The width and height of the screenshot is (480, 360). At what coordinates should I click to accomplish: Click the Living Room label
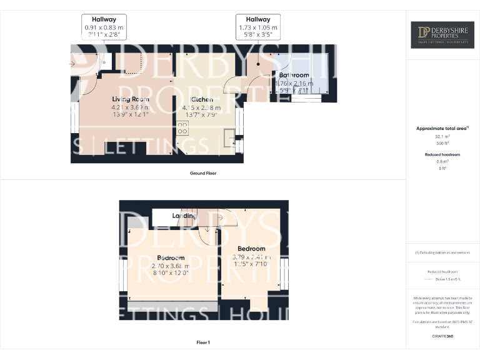pos(131,99)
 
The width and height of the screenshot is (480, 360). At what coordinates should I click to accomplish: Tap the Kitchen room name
pos(202,99)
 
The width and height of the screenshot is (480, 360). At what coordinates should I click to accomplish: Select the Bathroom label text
pos(294,75)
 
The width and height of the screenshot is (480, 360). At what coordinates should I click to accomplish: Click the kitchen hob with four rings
pos(183,128)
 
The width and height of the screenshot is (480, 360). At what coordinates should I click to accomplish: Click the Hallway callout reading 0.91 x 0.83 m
pos(104,28)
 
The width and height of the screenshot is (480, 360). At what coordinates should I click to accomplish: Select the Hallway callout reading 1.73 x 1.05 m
pos(258,28)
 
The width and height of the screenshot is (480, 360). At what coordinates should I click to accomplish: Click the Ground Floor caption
pos(203,172)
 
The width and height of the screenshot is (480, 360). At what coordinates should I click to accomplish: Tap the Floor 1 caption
pos(203,342)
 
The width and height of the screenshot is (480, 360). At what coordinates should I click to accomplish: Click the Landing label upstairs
pos(184,216)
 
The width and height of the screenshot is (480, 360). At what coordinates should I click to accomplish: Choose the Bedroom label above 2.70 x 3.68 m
pos(171,257)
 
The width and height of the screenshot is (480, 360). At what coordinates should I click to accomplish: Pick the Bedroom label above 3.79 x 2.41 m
pos(251,248)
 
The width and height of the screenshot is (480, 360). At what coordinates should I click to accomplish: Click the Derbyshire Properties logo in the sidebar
pos(442,35)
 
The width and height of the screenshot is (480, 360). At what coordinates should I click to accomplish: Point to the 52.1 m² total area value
pos(442,136)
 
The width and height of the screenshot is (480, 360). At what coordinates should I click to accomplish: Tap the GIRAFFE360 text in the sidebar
pos(442,336)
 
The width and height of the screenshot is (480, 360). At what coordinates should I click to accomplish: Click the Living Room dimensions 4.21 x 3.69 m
pos(131,107)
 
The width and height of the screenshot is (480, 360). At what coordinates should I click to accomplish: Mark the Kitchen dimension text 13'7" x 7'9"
pos(202,114)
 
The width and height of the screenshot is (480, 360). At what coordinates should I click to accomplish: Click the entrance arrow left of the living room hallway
pos(72,64)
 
